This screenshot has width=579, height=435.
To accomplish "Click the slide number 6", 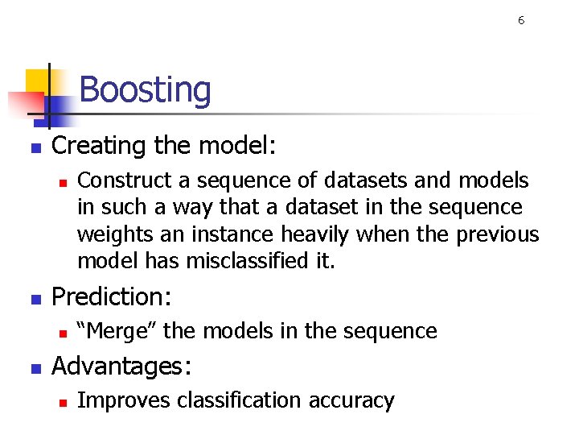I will (521, 21).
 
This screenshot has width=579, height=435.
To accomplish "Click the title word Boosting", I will (145, 90).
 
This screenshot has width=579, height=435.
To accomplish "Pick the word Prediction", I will (110, 297).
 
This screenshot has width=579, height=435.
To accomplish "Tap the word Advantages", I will (121, 367).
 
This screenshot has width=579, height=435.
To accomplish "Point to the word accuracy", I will (355, 401).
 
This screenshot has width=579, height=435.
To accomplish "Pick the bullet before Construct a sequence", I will (61, 182).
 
